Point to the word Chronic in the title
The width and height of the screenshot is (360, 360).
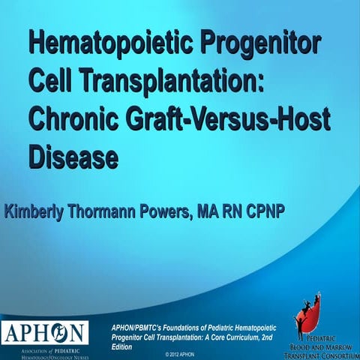pos(72,118)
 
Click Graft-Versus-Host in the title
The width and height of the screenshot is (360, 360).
pos(224,118)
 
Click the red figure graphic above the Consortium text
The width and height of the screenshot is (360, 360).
pos(309,310)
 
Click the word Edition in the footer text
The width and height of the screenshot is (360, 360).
pos(121,346)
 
